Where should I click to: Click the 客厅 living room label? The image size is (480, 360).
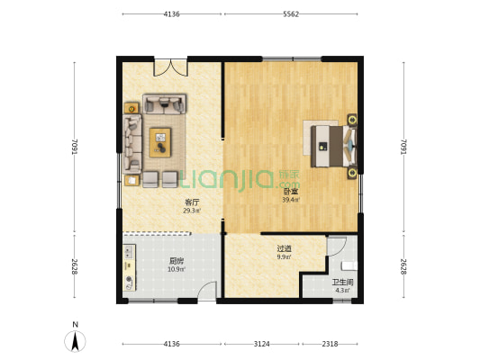pos(192,202)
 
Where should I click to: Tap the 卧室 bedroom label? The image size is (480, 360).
pos(291,192)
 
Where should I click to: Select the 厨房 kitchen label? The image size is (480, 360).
pos(177,261)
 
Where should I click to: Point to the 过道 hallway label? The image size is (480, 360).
pos(284,248)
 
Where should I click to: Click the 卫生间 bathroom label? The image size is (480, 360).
pos(342,282)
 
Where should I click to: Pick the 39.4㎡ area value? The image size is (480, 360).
pos(291,200)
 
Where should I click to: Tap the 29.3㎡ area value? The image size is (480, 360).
pos(192,211)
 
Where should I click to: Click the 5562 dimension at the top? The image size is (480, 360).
pos(291,14)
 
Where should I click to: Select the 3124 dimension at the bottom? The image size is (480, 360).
pos(262,344)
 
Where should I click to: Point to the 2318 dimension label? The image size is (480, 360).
pos(330,344)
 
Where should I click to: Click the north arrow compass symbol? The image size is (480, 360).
pos(75,340)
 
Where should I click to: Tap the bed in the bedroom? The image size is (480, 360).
pos(333,147)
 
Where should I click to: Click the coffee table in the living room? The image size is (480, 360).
pos(160,142)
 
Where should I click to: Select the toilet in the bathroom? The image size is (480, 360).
pos(349,265)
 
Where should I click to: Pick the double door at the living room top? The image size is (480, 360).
pos(170,67)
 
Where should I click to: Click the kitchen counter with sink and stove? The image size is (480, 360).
pos(130,267)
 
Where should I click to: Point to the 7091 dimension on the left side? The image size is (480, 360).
pos(75,147)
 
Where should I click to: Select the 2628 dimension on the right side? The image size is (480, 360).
pos(403,266)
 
